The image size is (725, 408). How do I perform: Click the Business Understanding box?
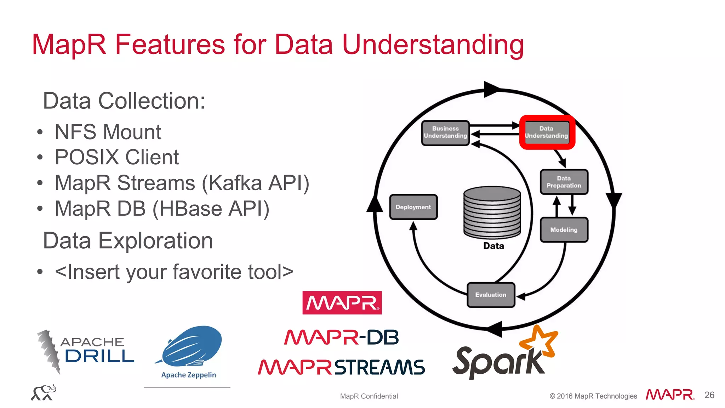tap(445, 132)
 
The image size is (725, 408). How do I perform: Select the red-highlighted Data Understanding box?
tap(547, 132)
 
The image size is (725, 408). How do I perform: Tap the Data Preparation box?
tap(564, 182)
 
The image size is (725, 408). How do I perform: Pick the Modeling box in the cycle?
tap(564, 230)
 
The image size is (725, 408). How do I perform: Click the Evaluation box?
tap(491, 295)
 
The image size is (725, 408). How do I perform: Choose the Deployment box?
tap(413, 207)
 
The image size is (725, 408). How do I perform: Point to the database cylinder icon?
tap(492, 212)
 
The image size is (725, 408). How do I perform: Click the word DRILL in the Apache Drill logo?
tap(99, 356)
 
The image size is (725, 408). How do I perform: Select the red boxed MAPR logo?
tap(342, 303)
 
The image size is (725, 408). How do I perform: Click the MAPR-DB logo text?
tap(342, 337)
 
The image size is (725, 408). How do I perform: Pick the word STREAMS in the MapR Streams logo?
tap(379, 367)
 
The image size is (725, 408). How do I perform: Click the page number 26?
tap(709, 395)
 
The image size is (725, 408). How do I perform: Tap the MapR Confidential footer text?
tap(369, 396)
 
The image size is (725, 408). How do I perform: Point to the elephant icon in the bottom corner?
tap(44, 393)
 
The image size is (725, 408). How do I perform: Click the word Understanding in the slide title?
tap(433, 45)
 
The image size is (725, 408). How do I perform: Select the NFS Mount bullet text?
tap(108, 132)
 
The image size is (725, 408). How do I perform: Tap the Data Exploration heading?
tap(128, 241)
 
